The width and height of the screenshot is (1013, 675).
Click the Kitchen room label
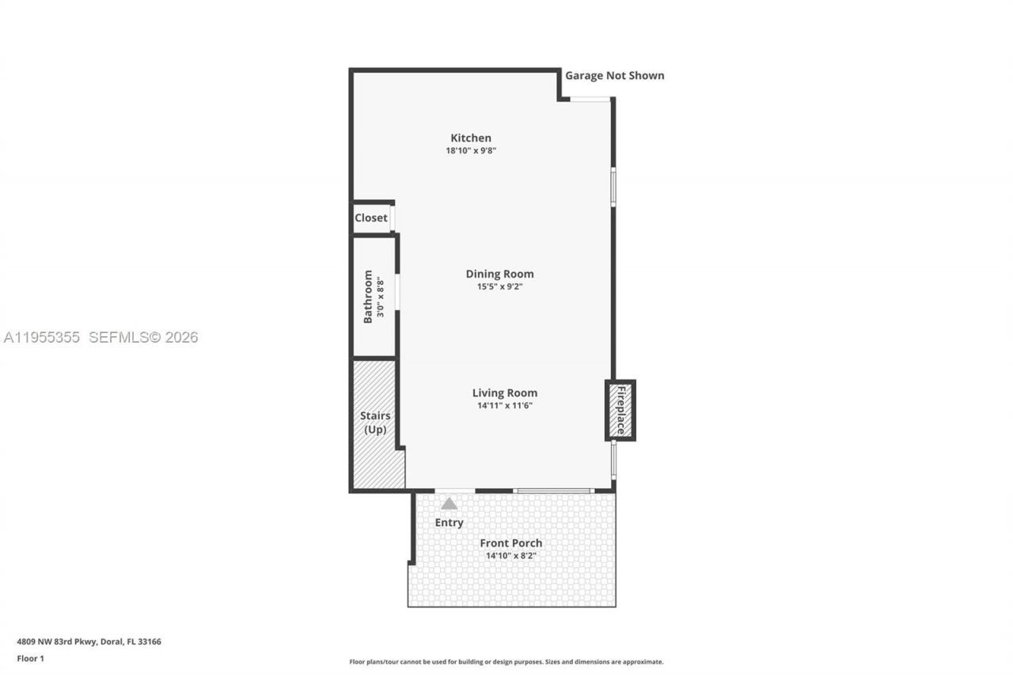[471, 138]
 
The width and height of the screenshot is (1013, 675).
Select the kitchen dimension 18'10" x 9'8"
[471, 150]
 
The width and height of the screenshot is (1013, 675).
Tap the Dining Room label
[499, 274]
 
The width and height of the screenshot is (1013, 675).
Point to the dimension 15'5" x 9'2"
[499, 286]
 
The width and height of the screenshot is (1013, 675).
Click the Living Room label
[504, 392]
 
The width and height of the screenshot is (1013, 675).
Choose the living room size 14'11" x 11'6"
[504, 405]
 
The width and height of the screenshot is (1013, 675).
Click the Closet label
[370, 218]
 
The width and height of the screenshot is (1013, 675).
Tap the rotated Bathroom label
[368, 297]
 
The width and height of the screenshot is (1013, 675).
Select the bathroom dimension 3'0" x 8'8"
[381, 297]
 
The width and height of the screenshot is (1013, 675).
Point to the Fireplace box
[621, 410]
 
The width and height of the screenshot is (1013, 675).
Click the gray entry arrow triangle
[449, 503]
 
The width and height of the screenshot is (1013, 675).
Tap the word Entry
[449, 522]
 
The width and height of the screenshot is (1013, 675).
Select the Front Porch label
[510, 543]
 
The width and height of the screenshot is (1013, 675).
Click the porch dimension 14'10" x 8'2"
[510, 556]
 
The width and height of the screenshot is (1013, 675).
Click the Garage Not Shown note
[614, 76]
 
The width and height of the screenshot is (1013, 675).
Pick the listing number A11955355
[42, 337]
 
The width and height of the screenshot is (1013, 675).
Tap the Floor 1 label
[30, 658]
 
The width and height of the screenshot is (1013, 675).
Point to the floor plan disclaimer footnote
[506, 662]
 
